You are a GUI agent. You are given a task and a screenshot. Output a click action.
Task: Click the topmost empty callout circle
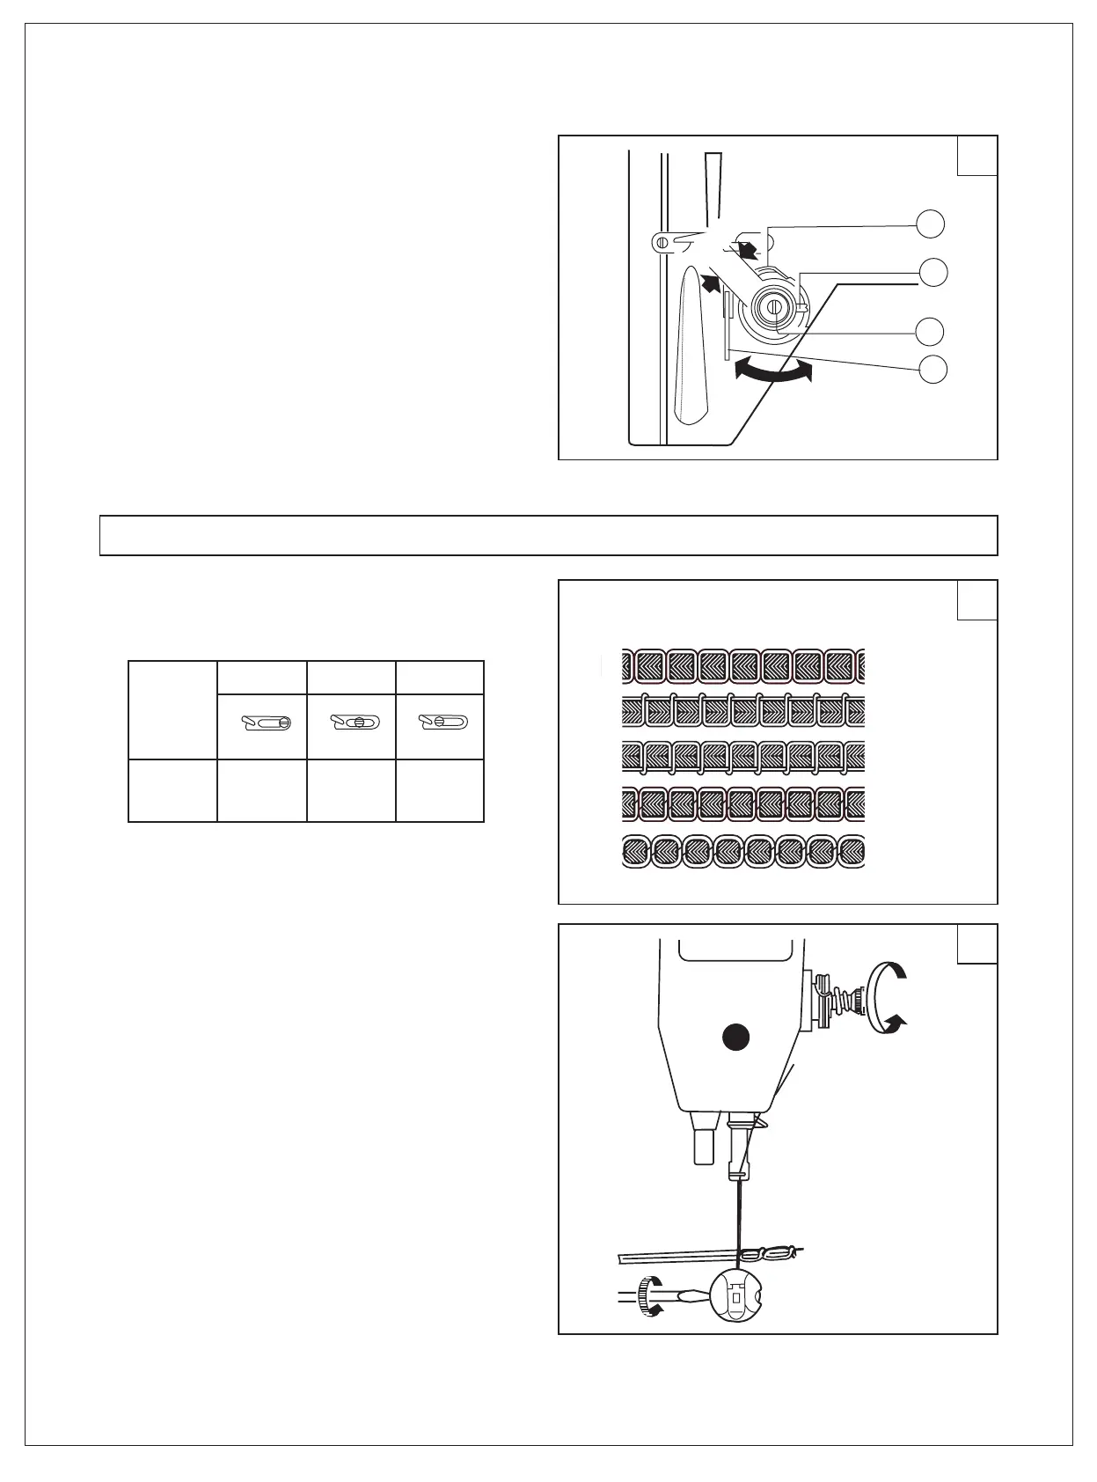(x=931, y=224)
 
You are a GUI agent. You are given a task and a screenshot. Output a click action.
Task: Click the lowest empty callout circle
(x=931, y=369)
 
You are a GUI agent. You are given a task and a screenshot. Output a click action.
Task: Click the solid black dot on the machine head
(x=735, y=1038)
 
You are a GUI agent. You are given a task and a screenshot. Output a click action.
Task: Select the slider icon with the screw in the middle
(x=353, y=723)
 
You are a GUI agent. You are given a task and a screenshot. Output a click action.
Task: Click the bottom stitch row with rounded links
(x=743, y=851)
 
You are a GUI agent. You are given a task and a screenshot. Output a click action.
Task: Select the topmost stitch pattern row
(x=743, y=665)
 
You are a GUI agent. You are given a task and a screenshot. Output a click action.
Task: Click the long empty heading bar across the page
(x=548, y=535)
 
